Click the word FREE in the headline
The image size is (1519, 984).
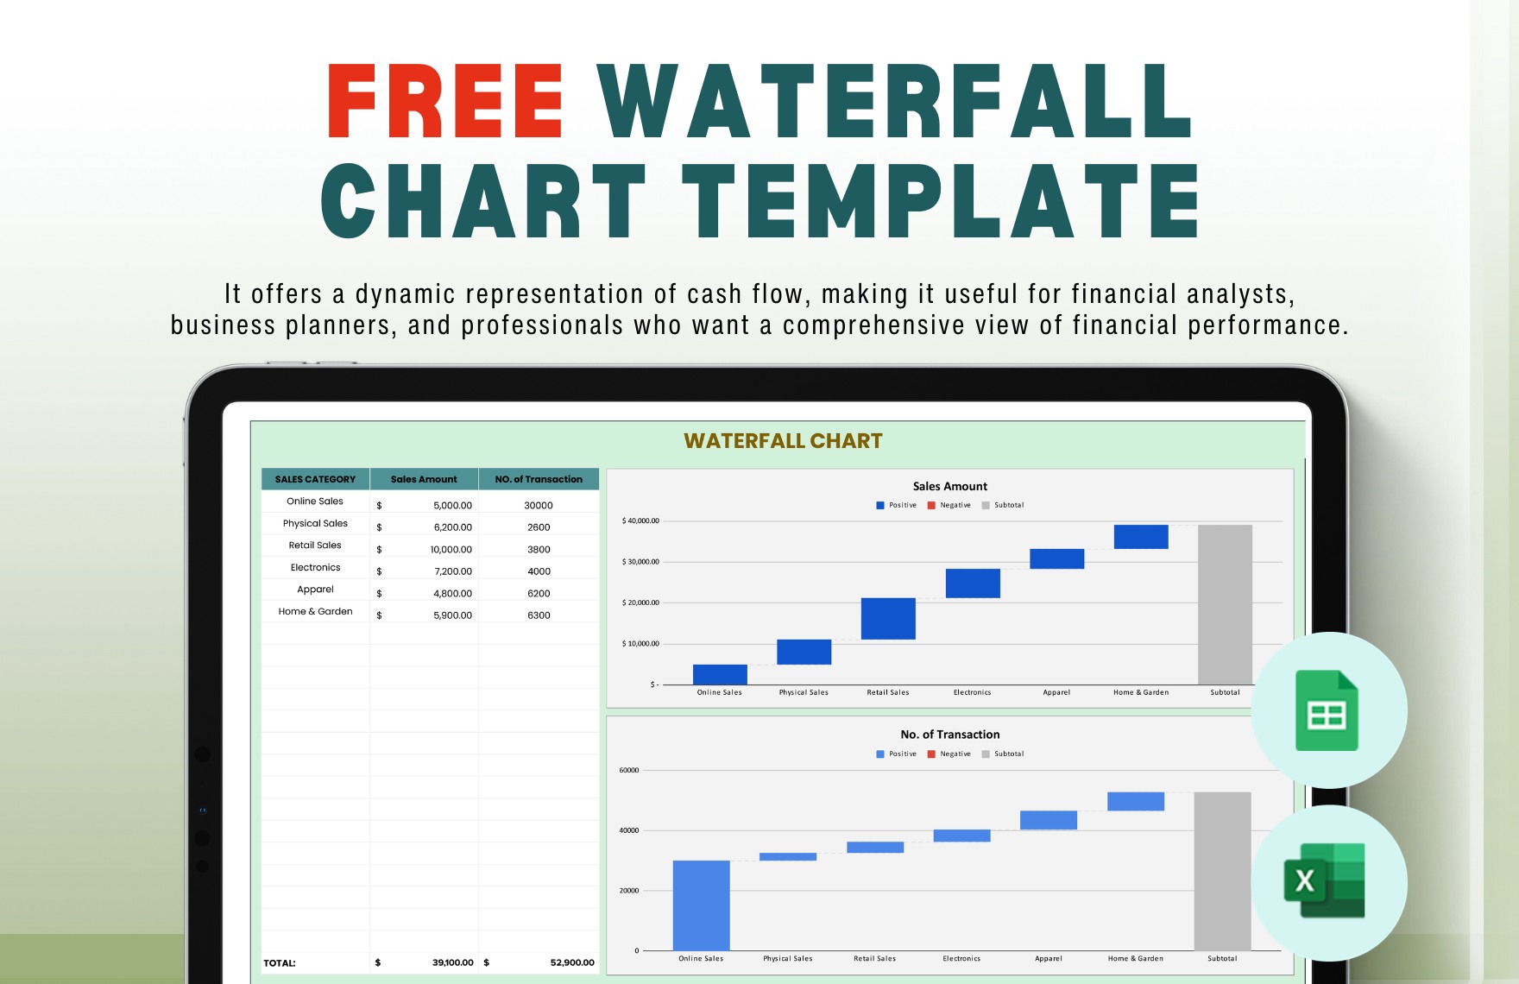coord(445,102)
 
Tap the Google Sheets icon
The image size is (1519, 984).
coord(1327,711)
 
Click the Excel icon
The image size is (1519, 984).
coord(1326,880)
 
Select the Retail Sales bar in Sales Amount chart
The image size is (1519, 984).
coord(887,618)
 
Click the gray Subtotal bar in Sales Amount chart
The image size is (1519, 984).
coord(1224,604)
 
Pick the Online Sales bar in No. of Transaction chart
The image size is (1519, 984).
coord(701,905)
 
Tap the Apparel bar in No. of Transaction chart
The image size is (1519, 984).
coord(1048,820)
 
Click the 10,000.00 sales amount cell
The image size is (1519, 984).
coord(451,550)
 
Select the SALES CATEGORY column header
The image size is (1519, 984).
coord(315,479)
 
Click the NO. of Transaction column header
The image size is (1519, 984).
coord(539,479)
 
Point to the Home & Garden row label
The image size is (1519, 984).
coord(315,611)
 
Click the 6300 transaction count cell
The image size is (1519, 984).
coord(539,615)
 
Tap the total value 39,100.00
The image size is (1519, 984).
coord(452,962)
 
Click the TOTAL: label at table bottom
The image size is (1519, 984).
coord(280,963)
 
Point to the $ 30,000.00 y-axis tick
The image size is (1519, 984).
coord(640,562)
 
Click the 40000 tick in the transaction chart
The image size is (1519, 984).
coord(628,830)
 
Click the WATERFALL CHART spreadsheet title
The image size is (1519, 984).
coord(783,441)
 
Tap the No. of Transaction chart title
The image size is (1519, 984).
coord(949,735)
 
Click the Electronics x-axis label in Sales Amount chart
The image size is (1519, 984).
coord(972,692)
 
